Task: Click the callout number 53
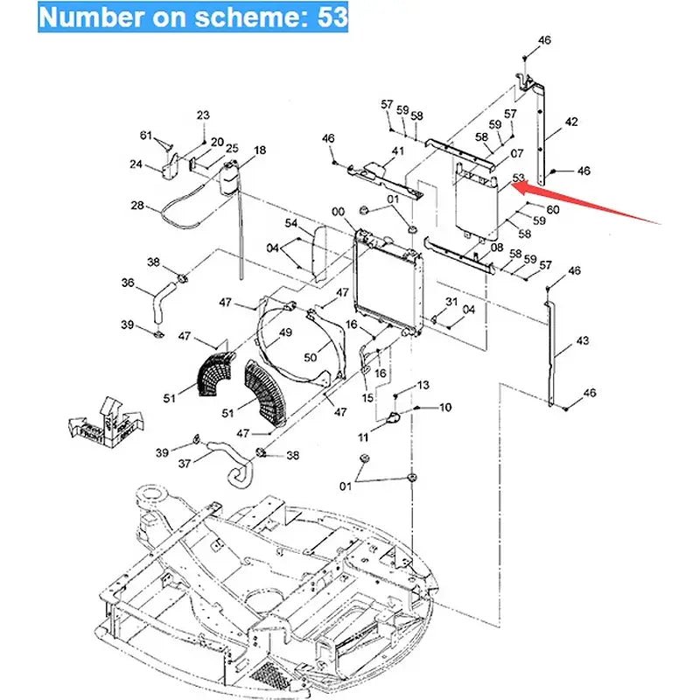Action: (518, 178)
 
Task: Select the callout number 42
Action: (570, 122)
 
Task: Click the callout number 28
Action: (137, 206)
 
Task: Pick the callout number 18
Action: (260, 150)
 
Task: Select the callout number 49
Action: (284, 332)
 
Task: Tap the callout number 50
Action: (311, 358)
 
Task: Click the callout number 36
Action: (128, 283)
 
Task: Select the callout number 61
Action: (147, 135)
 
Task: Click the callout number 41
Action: (398, 152)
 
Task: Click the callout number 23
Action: (203, 115)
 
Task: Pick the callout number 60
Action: (552, 209)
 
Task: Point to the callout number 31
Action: (451, 302)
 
